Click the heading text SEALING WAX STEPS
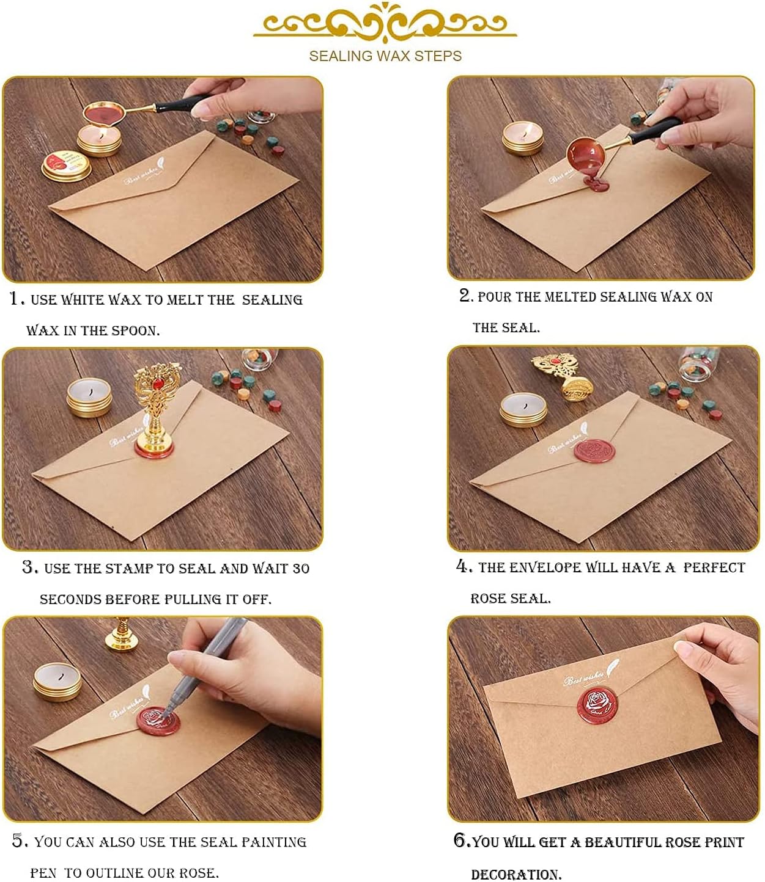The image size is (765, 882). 385,56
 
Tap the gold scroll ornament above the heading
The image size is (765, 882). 385,22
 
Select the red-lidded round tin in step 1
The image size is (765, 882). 66,166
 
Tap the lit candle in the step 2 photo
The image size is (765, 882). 522,138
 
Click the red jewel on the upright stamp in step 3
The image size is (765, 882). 158,384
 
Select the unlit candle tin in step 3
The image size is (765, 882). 89,397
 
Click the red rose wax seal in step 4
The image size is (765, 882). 594,451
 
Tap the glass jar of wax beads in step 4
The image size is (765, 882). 699,363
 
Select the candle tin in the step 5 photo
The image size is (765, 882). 57,682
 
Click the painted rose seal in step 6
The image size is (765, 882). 597,705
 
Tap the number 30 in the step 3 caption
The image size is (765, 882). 301,569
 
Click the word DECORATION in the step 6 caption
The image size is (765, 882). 516,874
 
